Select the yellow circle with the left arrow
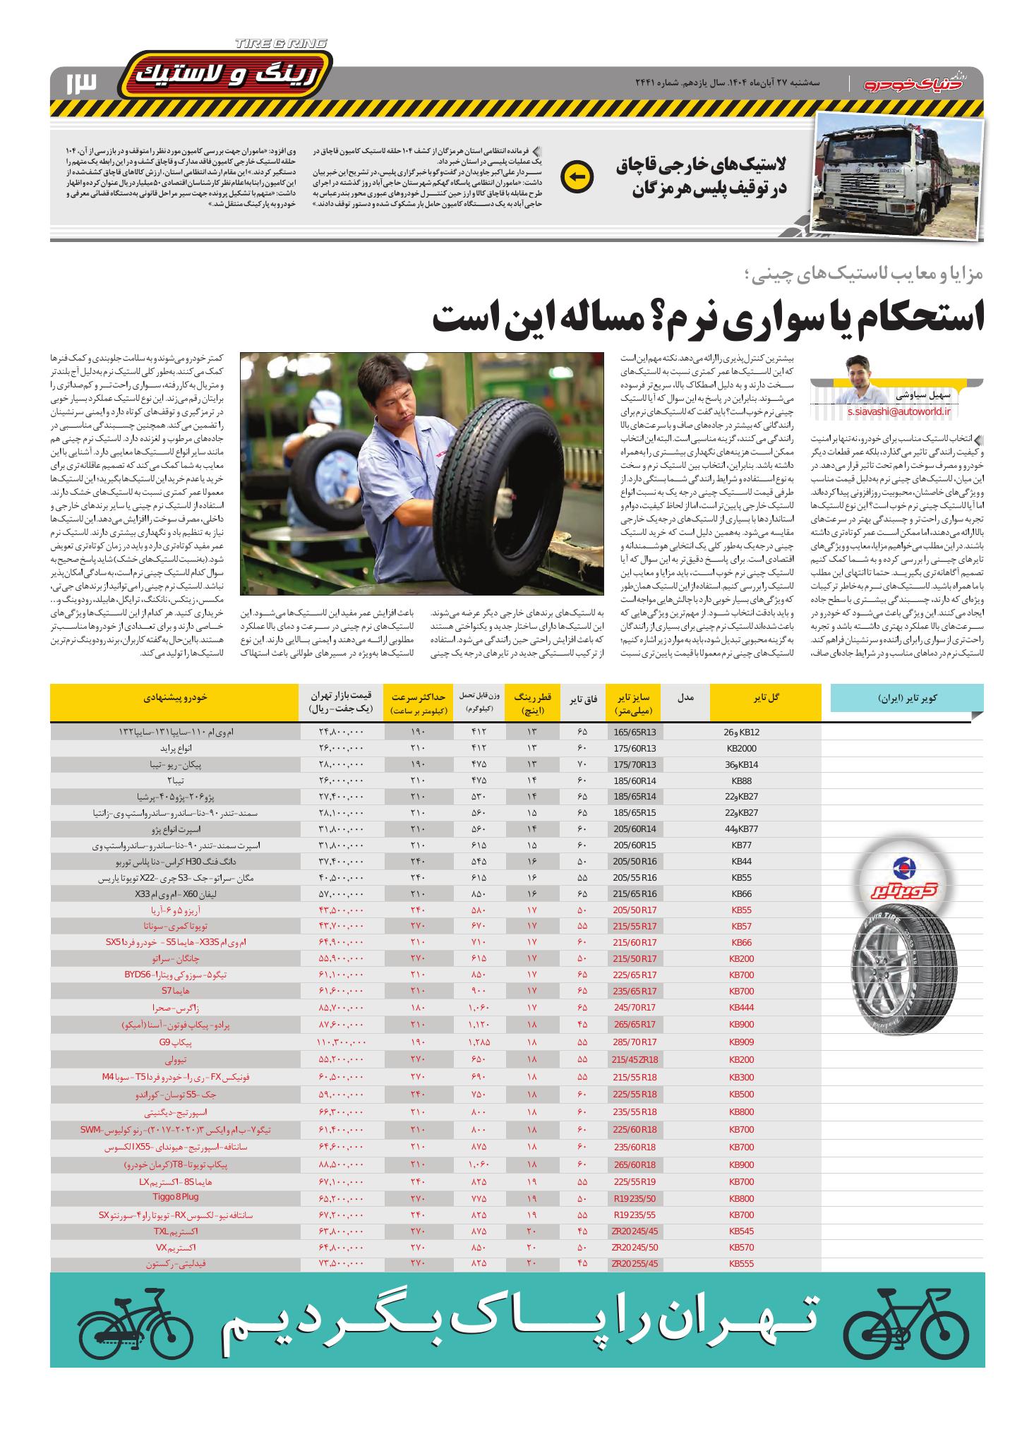click(x=577, y=177)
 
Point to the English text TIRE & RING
click(x=281, y=44)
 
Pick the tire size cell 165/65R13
click(x=635, y=732)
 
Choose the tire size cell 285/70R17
click(x=635, y=1042)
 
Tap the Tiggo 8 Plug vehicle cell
click(x=175, y=1197)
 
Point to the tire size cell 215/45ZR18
click(x=635, y=1059)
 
